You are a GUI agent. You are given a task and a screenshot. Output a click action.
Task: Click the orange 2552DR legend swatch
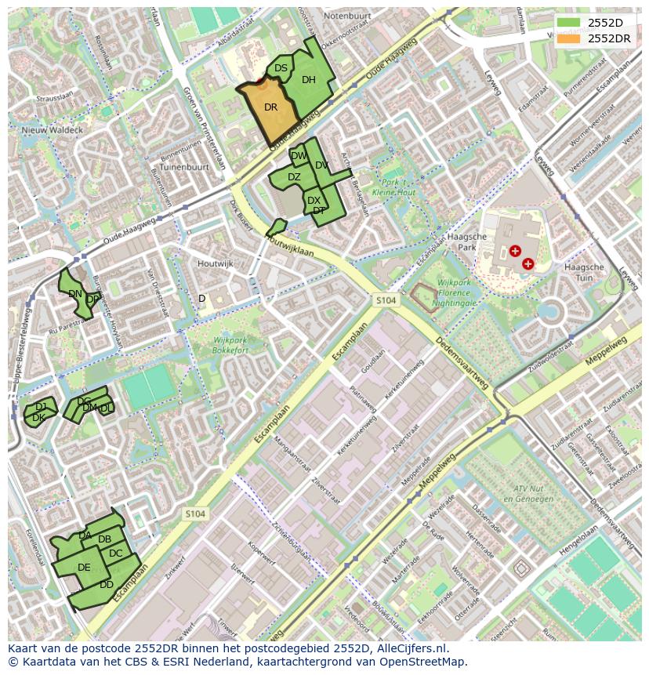(569, 38)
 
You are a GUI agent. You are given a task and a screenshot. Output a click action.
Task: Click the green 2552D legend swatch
(569, 23)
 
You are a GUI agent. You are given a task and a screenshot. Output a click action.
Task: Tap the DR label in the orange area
(270, 107)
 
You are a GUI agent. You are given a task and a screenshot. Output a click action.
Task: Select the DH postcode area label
(309, 80)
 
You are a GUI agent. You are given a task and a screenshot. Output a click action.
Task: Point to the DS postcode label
(281, 69)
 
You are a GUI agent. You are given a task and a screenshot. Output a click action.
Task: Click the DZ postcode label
(294, 177)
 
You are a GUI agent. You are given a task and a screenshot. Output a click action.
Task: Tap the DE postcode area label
(84, 568)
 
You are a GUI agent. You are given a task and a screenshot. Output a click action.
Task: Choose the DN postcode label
(75, 294)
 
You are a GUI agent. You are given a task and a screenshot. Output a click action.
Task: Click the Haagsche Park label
(494, 241)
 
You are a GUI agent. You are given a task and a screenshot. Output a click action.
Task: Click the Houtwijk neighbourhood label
(216, 264)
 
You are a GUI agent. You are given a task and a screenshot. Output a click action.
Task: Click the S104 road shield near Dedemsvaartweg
(385, 300)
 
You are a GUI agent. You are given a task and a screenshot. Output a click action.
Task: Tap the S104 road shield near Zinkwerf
(195, 514)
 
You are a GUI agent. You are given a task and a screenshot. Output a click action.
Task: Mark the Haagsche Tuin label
(584, 272)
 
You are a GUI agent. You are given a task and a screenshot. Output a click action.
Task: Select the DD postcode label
(107, 585)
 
